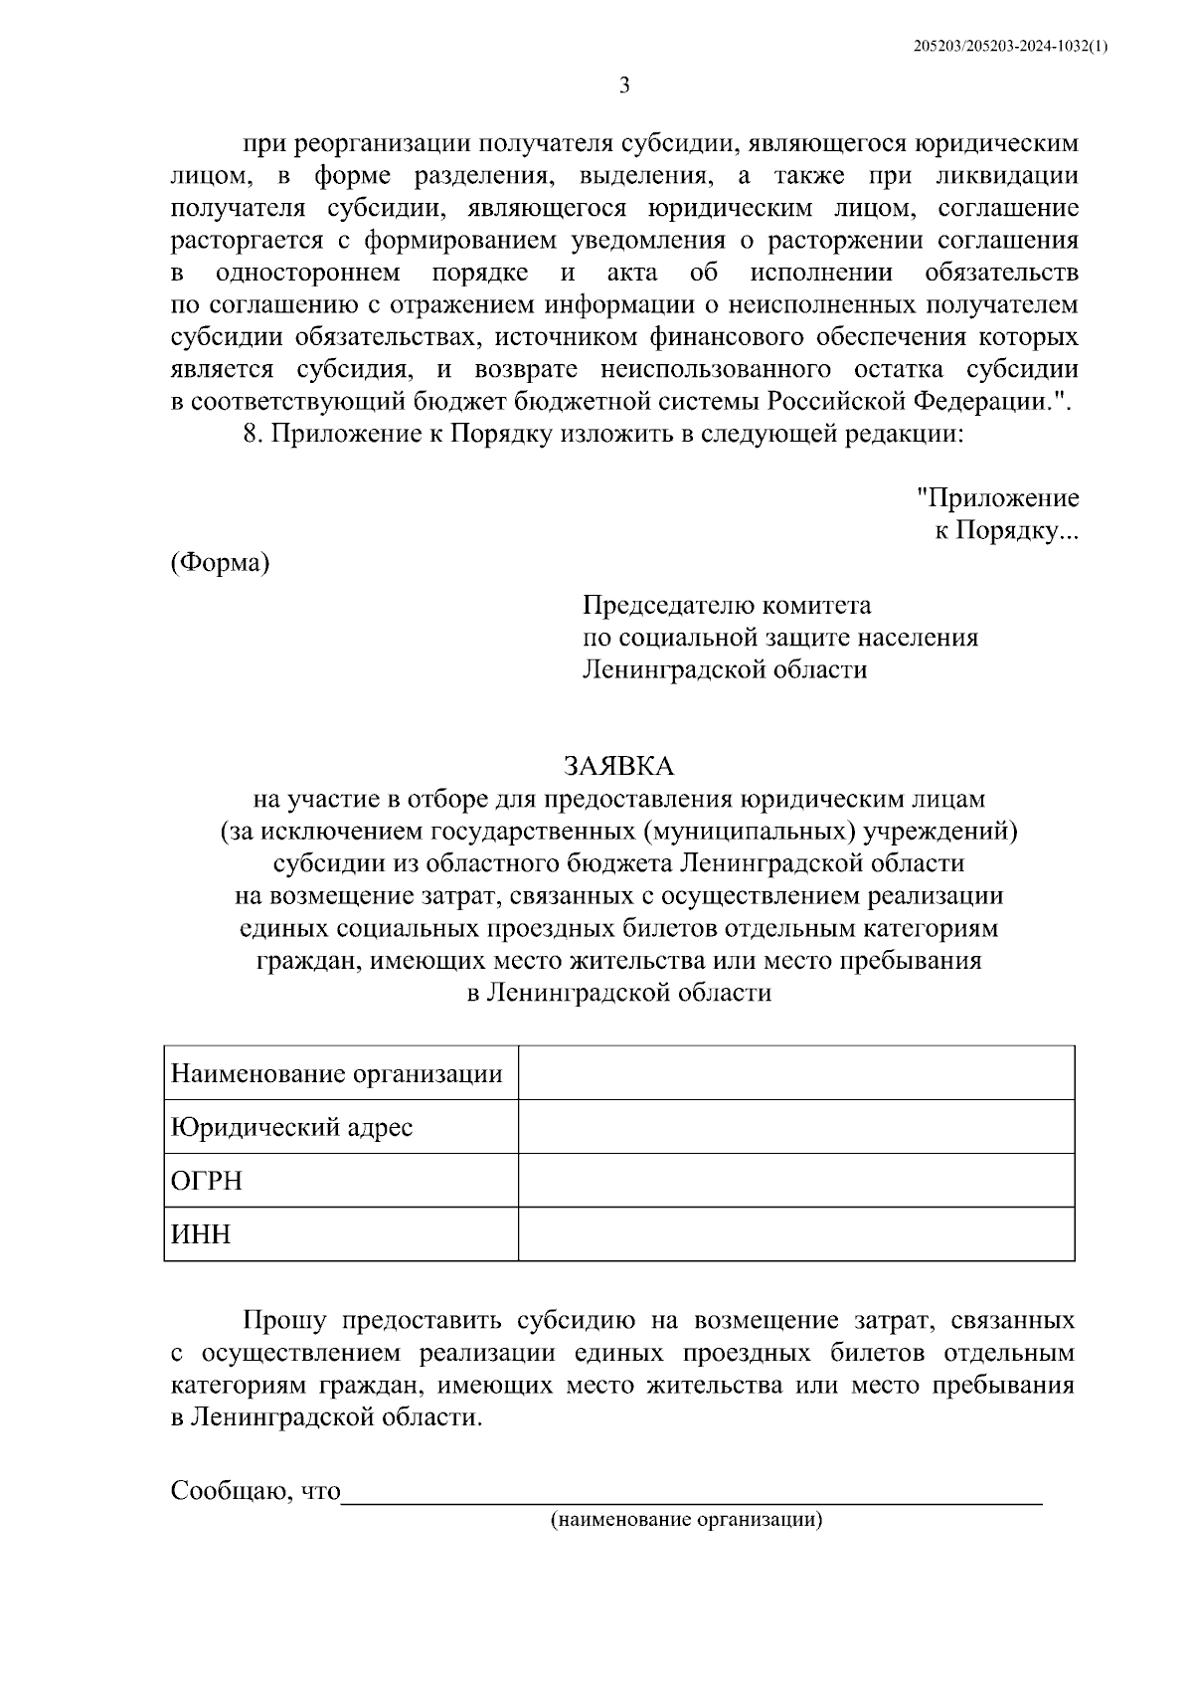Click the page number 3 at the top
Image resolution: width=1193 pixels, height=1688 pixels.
624,85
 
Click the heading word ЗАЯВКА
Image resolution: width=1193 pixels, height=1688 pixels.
618,765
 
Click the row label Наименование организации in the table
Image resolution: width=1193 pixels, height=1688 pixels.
337,1074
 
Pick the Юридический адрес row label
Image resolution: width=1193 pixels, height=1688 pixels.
291,1128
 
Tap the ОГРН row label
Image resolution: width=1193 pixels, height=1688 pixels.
207,1182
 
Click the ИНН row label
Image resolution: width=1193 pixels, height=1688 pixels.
201,1235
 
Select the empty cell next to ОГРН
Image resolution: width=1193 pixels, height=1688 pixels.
795,1181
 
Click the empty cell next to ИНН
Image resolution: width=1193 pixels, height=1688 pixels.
795,1234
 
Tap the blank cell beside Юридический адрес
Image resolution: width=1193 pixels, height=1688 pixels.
795,1127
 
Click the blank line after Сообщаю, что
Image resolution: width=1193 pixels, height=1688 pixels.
691,1491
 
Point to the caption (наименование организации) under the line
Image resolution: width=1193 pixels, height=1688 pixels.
688,1520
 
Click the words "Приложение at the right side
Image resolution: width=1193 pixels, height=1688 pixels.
997,497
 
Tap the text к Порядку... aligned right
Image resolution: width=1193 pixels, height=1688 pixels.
1005,530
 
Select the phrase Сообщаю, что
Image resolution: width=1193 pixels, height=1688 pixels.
256,1491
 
